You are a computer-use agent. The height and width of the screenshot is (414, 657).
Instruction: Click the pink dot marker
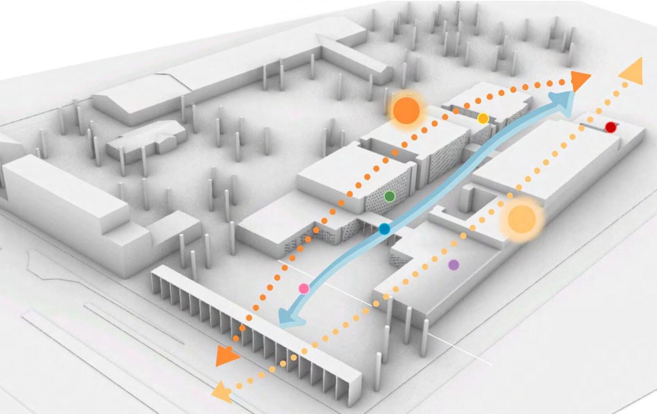click(x=304, y=289)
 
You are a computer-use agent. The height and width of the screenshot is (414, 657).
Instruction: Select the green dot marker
click(x=389, y=196)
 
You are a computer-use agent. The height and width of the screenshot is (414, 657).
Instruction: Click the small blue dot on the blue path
click(x=385, y=229)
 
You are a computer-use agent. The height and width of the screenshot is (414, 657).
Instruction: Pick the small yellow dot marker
click(x=483, y=119)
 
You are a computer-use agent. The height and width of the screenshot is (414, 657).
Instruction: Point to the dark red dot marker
click(x=610, y=127)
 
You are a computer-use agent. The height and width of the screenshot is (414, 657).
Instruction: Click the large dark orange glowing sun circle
click(x=406, y=111)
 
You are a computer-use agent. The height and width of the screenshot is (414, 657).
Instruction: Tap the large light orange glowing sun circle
click(x=521, y=219)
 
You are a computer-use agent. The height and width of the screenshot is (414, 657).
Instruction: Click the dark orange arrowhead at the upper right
click(x=580, y=80)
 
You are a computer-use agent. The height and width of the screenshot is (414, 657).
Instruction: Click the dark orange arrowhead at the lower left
click(x=226, y=357)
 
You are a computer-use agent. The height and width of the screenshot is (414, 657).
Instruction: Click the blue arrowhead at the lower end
click(x=289, y=319)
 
